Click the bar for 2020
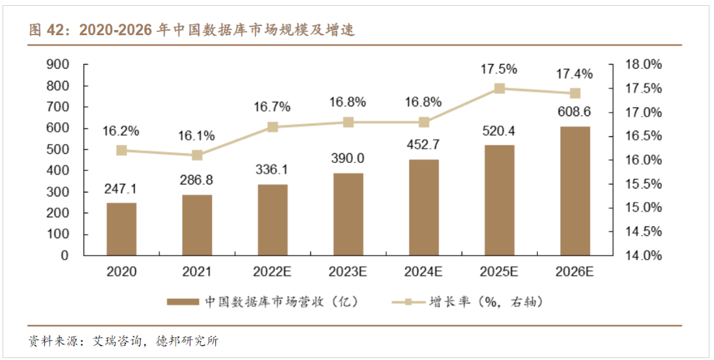click(121, 229)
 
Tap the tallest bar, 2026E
click(575, 190)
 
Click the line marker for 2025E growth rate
click(499, 89)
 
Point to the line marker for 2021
click(197, 155)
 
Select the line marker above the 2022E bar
click(273, 127)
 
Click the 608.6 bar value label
click(575, 112)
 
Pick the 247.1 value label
click(121, 189)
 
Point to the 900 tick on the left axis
click(58, 65)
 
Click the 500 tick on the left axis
click(58, 149)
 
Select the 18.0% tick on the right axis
click(643, 65)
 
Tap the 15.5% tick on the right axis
click(643, 184)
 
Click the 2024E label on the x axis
click(424, 271)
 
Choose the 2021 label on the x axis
click(197, 271)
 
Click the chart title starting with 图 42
click(192, 31)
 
